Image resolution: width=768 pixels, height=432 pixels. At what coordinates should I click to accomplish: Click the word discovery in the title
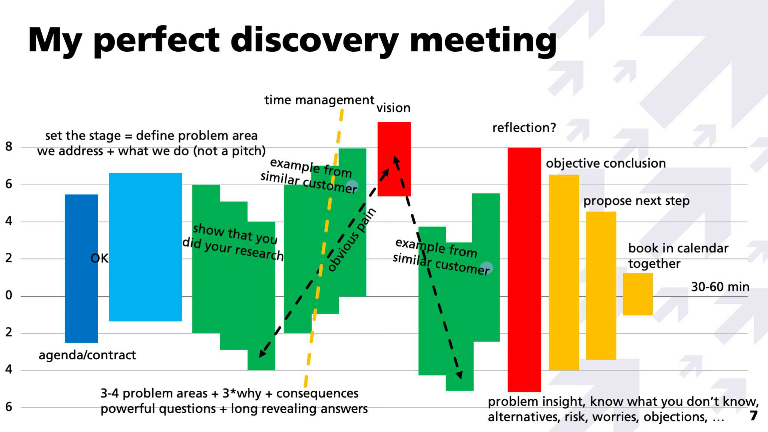(314, 40)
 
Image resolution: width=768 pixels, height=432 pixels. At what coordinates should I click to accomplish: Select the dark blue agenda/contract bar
(81, 268)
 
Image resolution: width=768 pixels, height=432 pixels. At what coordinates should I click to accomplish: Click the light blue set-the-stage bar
(145, 247)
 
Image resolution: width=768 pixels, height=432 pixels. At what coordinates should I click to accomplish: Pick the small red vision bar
(394, 159)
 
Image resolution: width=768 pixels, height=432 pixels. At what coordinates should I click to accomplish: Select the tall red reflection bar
(524, 270)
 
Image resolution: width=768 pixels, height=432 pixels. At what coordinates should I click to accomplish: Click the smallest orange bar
(638, 294)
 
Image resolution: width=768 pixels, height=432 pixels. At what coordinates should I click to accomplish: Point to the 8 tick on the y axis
(9, 147)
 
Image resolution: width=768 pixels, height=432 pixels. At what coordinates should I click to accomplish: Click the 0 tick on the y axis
(9, 295)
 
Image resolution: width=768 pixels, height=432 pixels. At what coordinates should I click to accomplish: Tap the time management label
(319, 100)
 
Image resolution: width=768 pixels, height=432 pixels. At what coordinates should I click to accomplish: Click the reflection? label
(524, 128)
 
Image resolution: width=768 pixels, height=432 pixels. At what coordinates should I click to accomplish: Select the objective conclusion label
(606, 163)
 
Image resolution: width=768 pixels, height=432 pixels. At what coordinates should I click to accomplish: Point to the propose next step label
(636, 201)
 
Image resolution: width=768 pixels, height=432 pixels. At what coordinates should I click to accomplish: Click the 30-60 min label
(720, 287)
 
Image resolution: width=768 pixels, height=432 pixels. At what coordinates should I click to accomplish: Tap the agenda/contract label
(87, 355)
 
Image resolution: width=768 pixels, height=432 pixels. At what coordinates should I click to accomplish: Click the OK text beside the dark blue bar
(99, 258)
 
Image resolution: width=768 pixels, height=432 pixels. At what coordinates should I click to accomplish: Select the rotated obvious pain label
(351, 240)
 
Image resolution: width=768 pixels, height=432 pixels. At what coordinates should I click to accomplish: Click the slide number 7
(754, 416)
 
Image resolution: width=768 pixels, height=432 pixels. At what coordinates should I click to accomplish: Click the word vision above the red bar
(393, 108)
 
